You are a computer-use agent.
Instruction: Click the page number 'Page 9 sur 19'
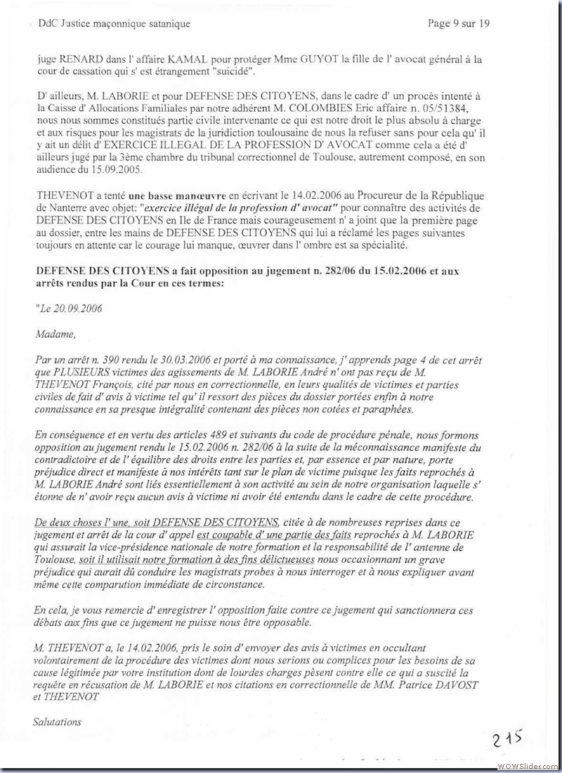tap(459, 23)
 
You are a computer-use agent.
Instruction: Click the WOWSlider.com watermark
tap(527, 765)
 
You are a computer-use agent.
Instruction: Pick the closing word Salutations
tap(58, 722)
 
